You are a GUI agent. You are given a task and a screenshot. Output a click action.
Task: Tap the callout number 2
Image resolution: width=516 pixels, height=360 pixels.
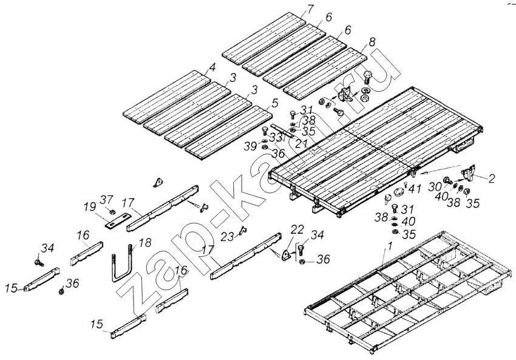pos(492,178)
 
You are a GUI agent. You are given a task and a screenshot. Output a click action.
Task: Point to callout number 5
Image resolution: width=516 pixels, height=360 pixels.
pos(274,104)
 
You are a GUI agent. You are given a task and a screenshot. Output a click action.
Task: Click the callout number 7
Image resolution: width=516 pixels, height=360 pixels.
pos(310,8)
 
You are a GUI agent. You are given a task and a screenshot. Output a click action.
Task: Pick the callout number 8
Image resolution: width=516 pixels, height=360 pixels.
pos(372,42)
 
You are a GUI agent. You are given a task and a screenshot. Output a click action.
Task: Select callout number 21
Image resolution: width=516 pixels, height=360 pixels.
pos(302,143)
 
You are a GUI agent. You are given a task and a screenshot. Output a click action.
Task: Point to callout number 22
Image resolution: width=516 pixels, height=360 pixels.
pos(297,229)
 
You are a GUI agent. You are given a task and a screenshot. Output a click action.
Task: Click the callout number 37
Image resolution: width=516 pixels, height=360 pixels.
pos(107,199)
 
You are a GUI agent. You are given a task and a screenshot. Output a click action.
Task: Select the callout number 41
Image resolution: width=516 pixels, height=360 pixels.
pos(415,189)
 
